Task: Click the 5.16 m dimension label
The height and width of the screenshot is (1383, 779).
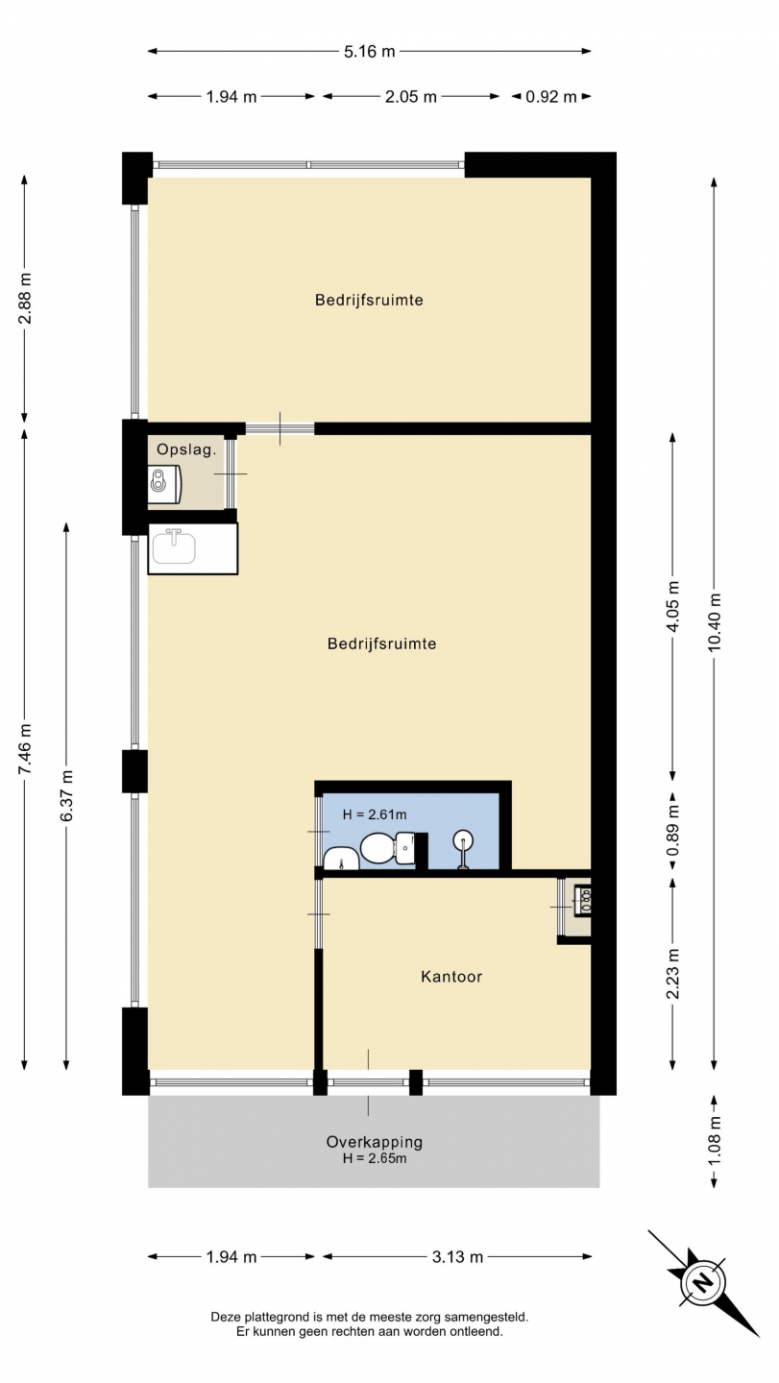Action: pyautogui.click(x=369, y=51)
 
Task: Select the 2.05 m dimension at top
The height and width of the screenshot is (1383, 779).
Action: pyautogui.click(x=410, y=96)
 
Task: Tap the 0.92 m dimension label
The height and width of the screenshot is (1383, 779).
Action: pyautogui.click(x=550, y=96)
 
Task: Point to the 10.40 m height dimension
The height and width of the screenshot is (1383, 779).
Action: pyautogui.click(x=715, y=623)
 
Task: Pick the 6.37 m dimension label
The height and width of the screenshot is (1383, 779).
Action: pyautogui.click(x=66, y=795)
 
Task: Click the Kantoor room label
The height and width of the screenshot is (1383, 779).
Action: pyautogui.click(x=451, y=977)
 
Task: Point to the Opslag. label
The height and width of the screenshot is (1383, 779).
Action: pyautogui.click(x=186, y=449)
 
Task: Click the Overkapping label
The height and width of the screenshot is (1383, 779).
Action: pyautogui.click(x=374, y=1142)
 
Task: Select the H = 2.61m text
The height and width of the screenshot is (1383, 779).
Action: pyautogui.click(x=375, y=814)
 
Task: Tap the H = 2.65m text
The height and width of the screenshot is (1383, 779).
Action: pyautogui.click(x=375, y=1158)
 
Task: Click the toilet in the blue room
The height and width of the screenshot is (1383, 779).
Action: pyautogui.click(x=387, y=848)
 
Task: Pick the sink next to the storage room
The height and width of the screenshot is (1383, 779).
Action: pyautogui.click(x=174, y=548)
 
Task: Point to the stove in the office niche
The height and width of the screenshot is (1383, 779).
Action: pyautogui.click(x=583, y=900)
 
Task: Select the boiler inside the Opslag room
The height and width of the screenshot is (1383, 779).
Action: pyautogui.click(x=164, y=483)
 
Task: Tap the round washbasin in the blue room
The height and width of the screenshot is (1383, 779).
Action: pyautogui.click(x=464, y=839)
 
